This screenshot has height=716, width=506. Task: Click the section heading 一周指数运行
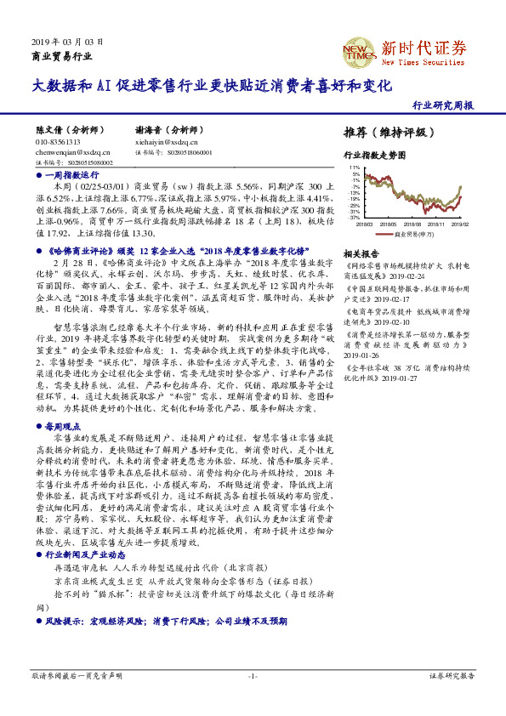pos(65,173)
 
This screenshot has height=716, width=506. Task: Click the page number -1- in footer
pos(252,699)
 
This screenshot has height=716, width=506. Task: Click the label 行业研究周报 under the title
pos(442,106)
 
